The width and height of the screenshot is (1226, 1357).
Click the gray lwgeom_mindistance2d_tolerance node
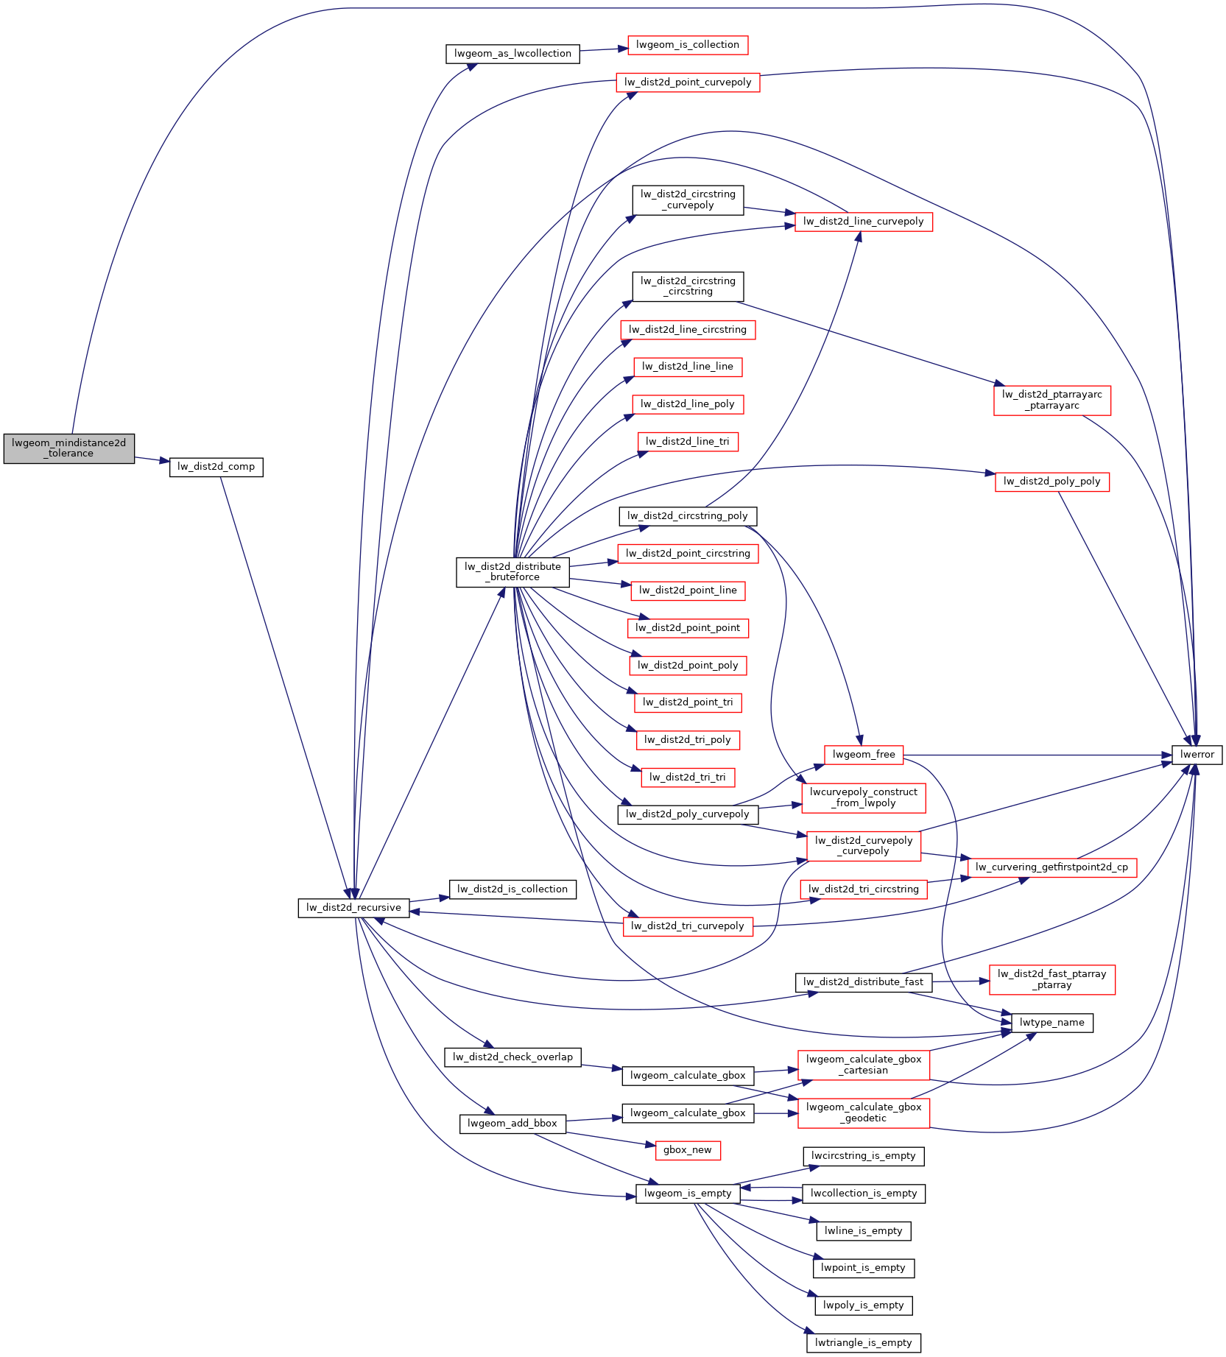[x=69, y=448]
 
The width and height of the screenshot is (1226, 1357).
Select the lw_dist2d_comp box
[x=216, y=467]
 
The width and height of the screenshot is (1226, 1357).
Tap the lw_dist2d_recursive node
[x=353, y=908]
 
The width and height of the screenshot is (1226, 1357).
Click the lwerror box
[x=1197, y=755]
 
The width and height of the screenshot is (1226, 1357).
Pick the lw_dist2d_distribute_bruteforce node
[x=512, y=572]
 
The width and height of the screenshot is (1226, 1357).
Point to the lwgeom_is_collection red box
[x=688, y=45]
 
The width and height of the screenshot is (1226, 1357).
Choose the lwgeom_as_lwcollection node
[x=512, y=54]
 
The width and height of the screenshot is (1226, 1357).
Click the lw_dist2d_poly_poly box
[x=1052, y=482]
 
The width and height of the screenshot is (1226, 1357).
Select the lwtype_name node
[x=1052, y=1023]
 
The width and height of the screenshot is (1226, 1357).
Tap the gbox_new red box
[x=688, y=1150]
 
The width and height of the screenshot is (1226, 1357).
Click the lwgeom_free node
[x=864, y=755]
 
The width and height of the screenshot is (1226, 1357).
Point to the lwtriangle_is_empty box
[x=864, y=1343]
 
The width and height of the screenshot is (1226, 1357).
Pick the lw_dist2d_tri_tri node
[x=688, y=778]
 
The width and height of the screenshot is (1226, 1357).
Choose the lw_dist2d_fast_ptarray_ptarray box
[x=1052, y=979]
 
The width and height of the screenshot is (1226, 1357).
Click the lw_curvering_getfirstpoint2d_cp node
[x=1052, y=867]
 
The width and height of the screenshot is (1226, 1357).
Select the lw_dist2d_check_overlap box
[x=512, y=1057]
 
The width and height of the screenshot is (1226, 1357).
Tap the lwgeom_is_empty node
[x=688, y=1194]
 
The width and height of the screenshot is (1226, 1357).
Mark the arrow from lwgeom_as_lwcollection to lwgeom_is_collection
[x=604, y=50]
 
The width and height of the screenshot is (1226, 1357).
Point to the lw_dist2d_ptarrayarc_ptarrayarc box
[x=1052, y=401]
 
